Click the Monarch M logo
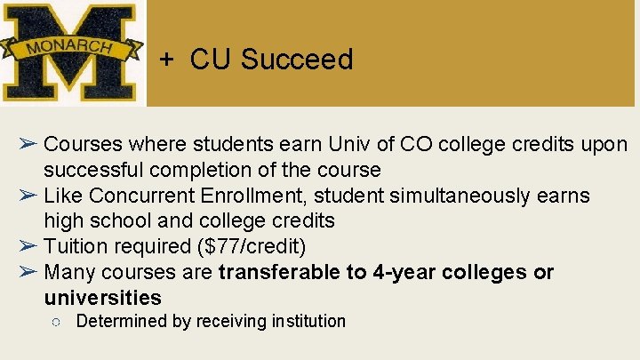pyautogui.click(x=71, y=53)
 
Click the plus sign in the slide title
pyautogui.click(x=166, y=60)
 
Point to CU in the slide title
pyautogui.click(x=210, y=60)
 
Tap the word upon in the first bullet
pyautogui.click(x=606, y=144)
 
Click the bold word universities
pyautogui.click(x=102, y=298)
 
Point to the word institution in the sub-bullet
pyautogui.click(x=304, y=321)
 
